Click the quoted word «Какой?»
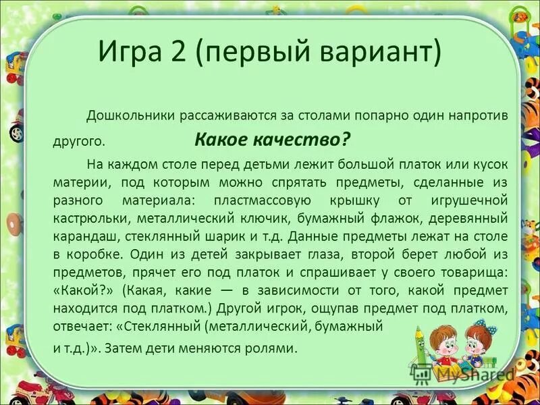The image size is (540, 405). [79, 291]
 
